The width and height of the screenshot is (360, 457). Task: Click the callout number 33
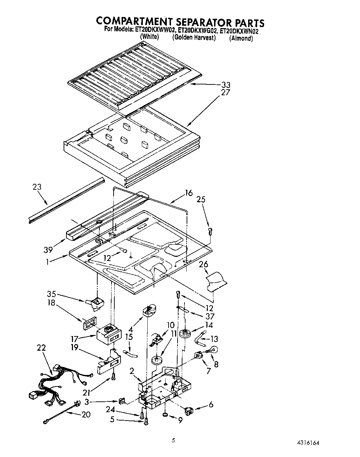point(226,85)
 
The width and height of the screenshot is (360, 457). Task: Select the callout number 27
point(226,93)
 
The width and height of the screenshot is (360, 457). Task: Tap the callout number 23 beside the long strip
point(37,187)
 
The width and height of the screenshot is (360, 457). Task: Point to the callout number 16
point(189,193)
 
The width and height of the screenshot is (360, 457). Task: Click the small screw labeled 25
point(210,230)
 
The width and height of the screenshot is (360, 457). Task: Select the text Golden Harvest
point(194,38)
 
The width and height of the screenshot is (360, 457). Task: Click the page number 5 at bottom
point(173,440)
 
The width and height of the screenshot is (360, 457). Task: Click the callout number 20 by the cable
point(85,415)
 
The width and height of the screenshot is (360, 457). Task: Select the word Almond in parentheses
point(241,38)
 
